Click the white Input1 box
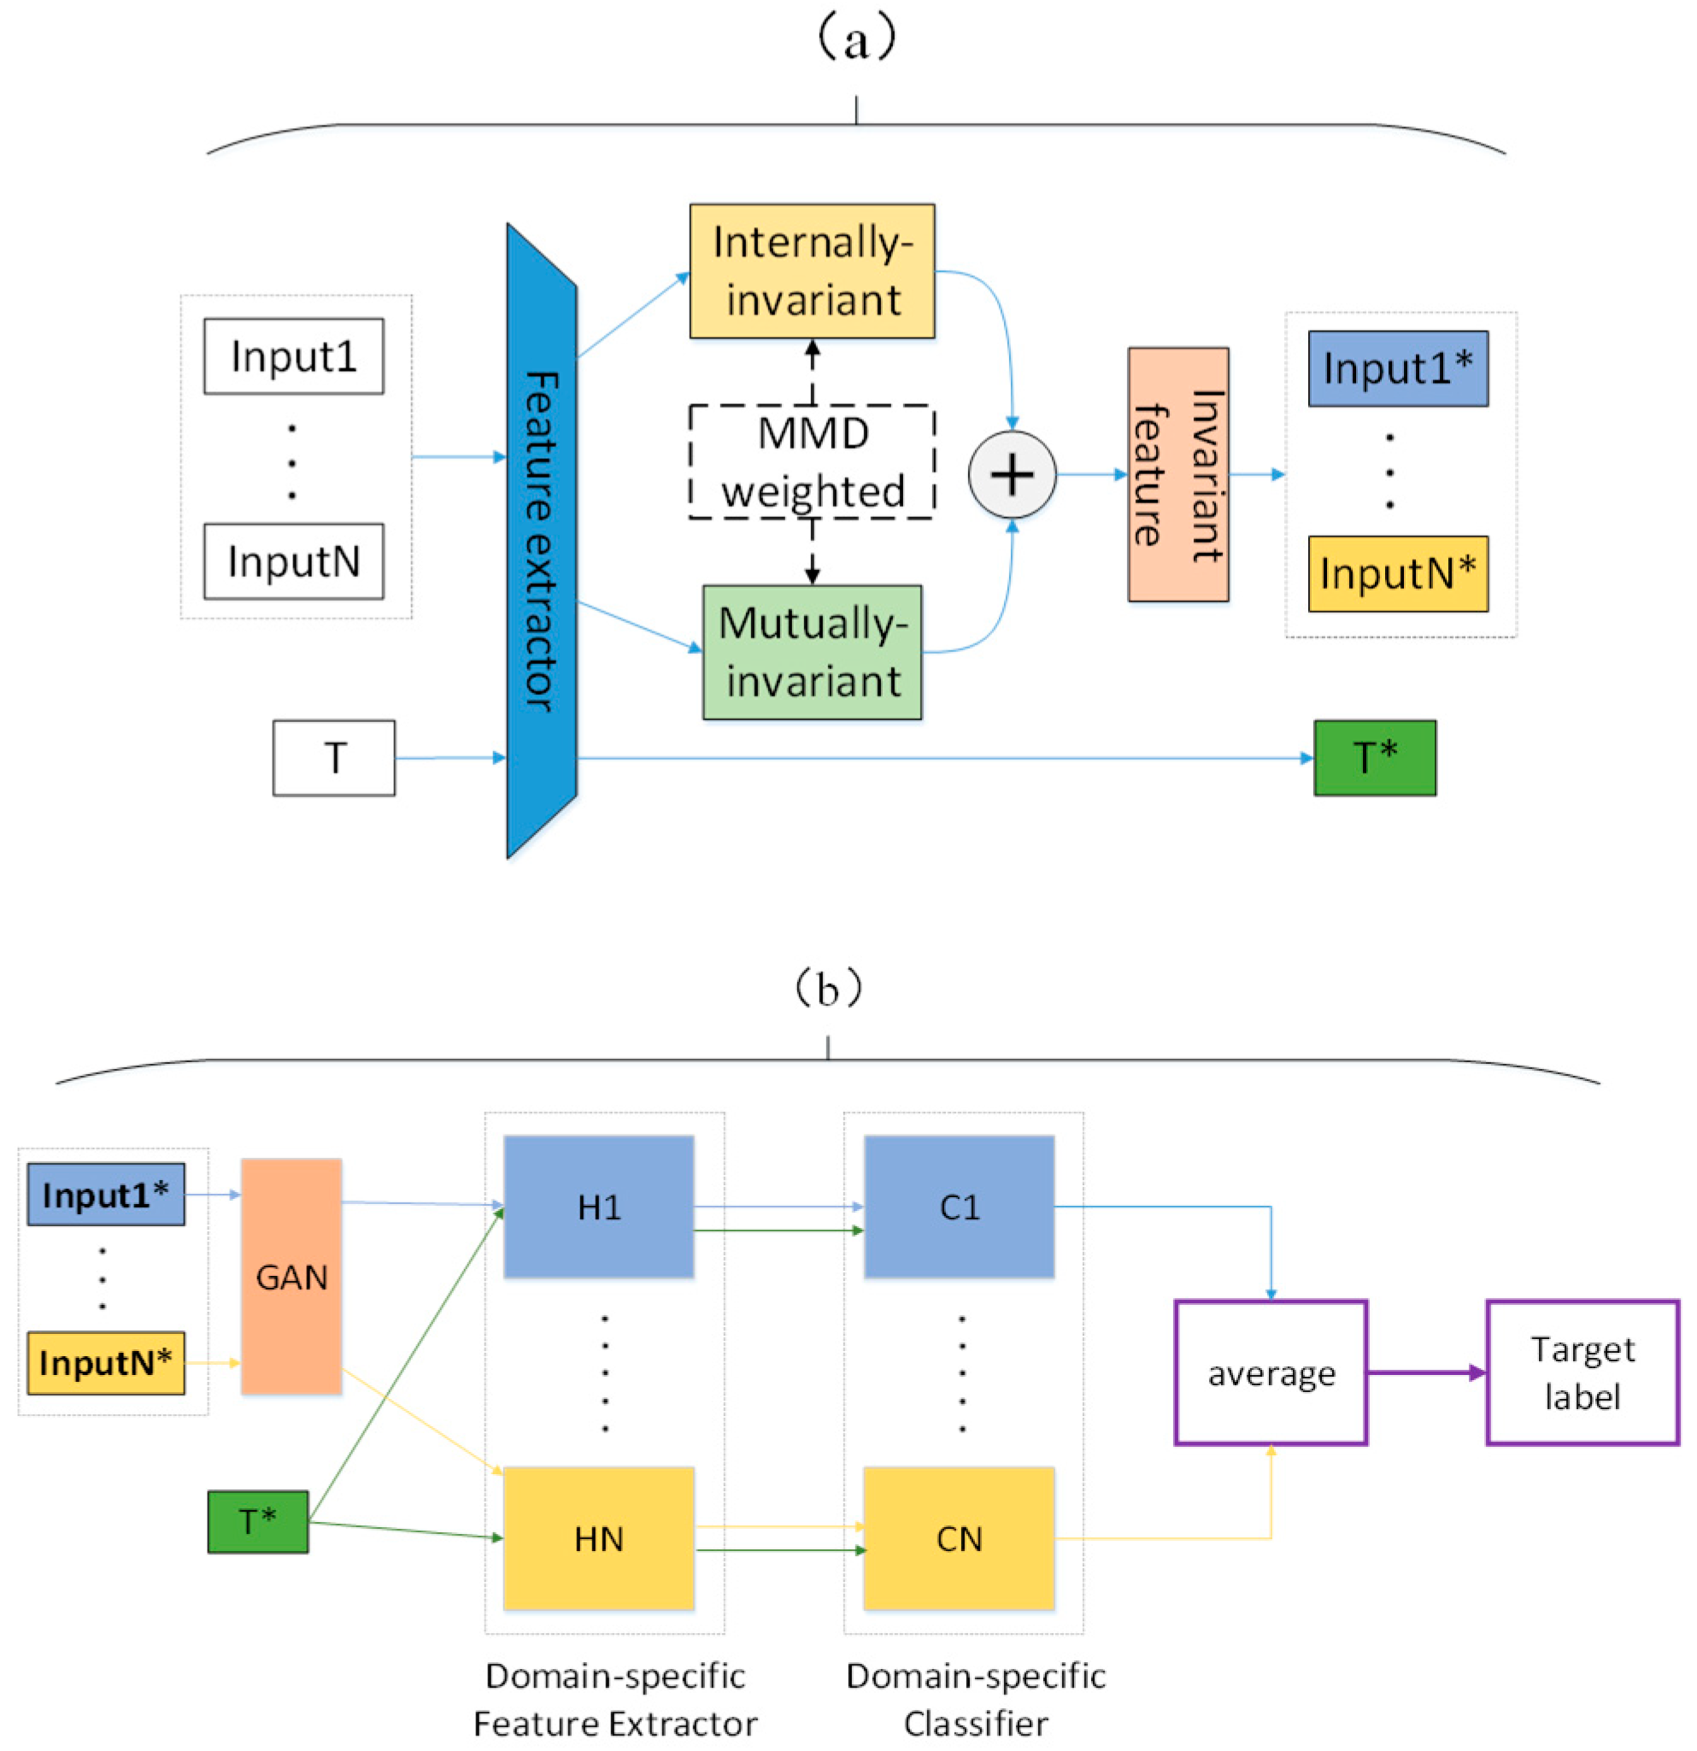[x=293, y=355]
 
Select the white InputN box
[x=293, y=561]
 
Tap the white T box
[x=333, y=758]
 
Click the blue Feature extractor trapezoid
[x=541, y=540]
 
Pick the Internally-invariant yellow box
[x=811, y=271]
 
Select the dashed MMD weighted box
[x=811, y=461]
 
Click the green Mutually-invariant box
[x=811, y=652]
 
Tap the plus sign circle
[x=1011, y=474]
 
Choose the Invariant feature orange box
[x=1177, y=474]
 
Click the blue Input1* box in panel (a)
[x=1397, y=368]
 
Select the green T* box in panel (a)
[x=1374, y=758]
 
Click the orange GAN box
[x=291, y=1276]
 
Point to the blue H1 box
[x=598, y=1206]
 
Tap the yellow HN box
[x=598, y=1538]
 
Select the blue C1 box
[x=959, y=1206]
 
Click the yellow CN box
[x=959, y=1538]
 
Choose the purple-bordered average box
[x=1270, y=1372]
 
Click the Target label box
[x=1582, y=1372]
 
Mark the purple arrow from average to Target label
[x=1425, y=1372]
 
